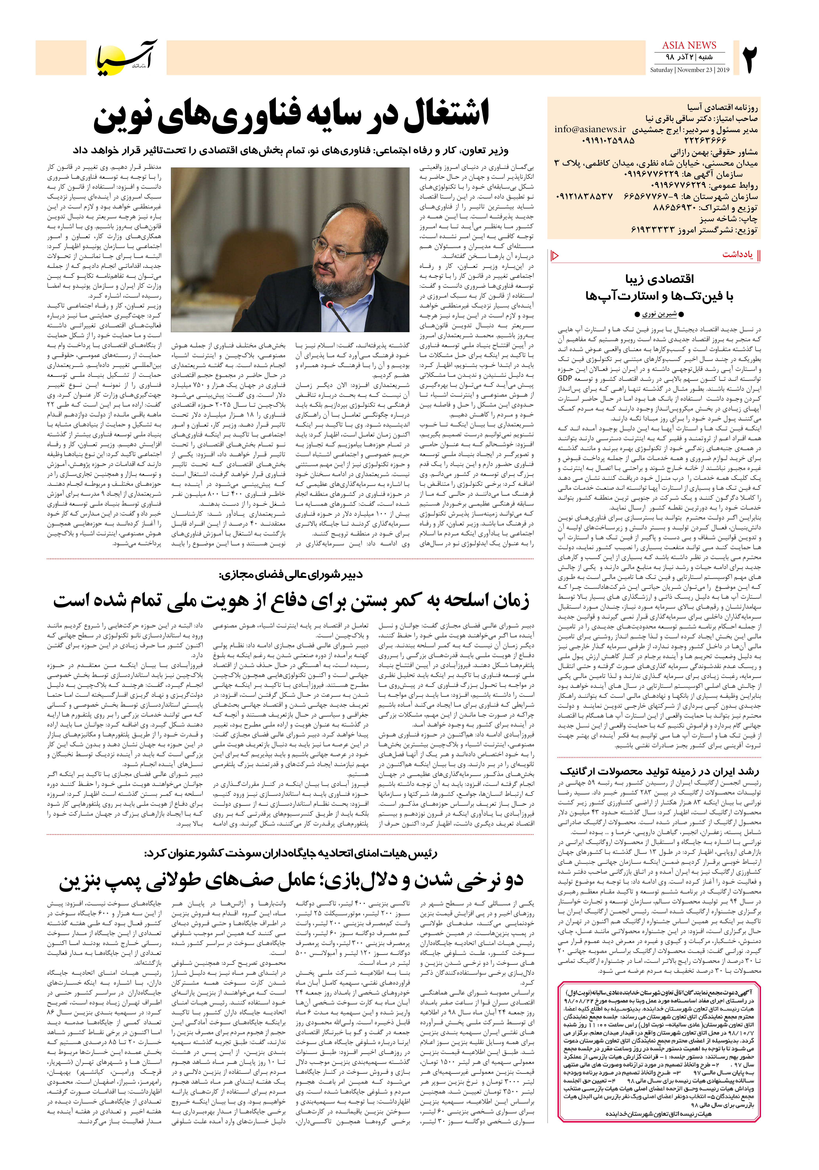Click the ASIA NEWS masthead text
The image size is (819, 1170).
(689, 45)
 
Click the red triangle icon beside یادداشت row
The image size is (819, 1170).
(555, 255)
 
